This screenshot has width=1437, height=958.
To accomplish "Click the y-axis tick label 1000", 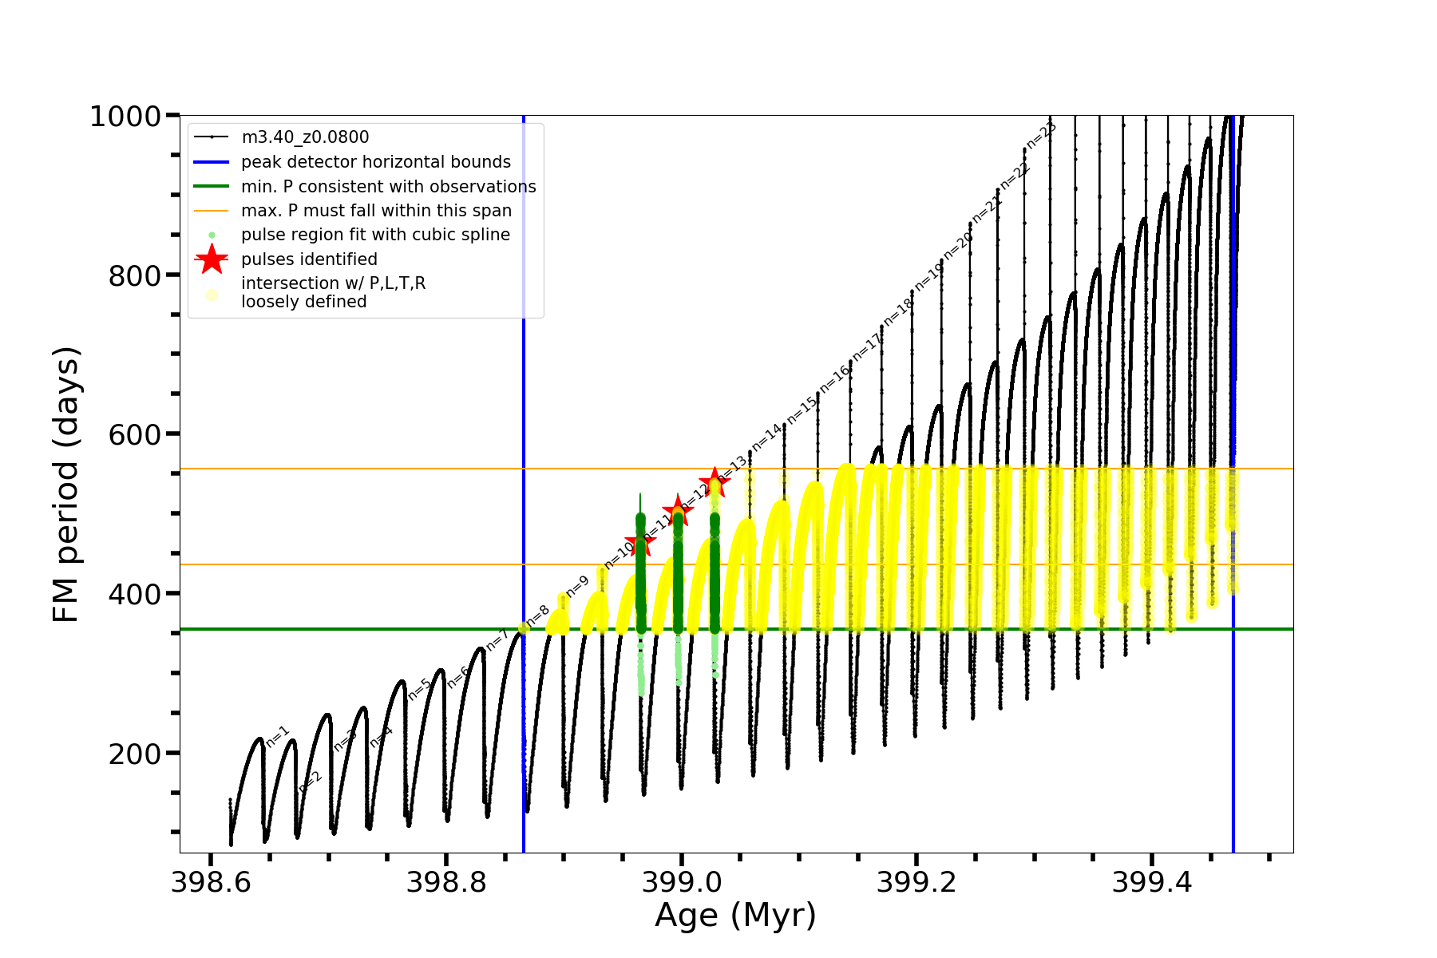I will [x=126, y=117].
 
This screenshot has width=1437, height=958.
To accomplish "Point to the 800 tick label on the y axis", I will [x=134, y=276].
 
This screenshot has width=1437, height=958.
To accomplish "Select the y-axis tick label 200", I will [x=134, y=754].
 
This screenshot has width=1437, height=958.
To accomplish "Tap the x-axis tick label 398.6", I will [x=211, y=883].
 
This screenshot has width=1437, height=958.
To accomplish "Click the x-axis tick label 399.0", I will [x=681, y=883].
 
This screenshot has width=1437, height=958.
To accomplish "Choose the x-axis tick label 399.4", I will [x=1151, y=883].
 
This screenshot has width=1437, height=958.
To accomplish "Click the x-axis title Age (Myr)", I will [x=735, y=916].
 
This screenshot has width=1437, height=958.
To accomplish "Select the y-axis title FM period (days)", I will [x=67, y=484].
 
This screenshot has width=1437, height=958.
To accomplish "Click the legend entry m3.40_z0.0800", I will [x=305, y=137].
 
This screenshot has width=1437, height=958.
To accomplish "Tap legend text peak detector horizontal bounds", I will [x=375, y=162].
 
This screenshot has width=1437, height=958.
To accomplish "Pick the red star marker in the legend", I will [x=212, y=259].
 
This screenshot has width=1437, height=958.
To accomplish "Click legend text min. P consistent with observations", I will [x=388, y=187].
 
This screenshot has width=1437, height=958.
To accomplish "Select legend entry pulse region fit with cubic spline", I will [x=375, y=235].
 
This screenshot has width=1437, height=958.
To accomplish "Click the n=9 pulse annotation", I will [x=577, y=584].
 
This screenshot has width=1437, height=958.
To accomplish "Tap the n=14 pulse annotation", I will [x=766, y=436].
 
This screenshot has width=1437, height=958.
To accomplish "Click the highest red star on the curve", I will [x=714, y=482].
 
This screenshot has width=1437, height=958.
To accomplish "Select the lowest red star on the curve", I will [x=640, y=543].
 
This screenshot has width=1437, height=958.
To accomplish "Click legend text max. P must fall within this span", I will [x=376, y=211].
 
